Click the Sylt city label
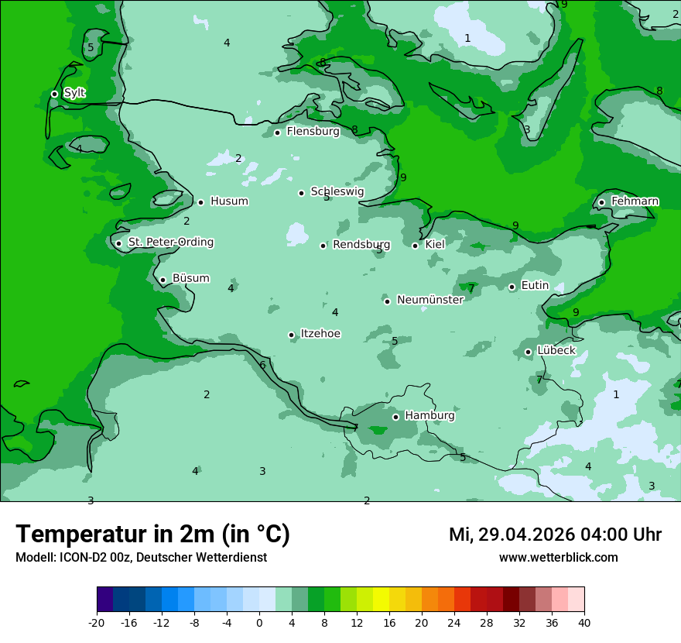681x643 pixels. [x=74, y=93]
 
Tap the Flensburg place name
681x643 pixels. [x=313, y=132]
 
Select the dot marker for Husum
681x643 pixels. [x=200, y=202]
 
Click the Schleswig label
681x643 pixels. [x=337, y=192]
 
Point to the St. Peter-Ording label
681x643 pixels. [x=170, y=242]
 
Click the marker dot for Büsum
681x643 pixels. [x=163, y=280]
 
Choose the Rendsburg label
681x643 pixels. [x=361, y=245]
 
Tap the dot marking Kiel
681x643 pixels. [x=415, y=246]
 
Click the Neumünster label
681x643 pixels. [x=430, y=301]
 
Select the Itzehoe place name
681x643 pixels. [x=320, y=334]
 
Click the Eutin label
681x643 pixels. [x=535, y=286]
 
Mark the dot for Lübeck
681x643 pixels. [x=528, y=352]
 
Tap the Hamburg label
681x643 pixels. [x=429, y=416]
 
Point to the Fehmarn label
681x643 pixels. [x=635, y=201]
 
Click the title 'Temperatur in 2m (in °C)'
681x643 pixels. [x=152, y=535]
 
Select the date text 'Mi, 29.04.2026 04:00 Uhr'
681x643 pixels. [x=555, y=535]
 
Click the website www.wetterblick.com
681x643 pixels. [x=558, y=557]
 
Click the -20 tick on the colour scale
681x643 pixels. [x=97, y=622]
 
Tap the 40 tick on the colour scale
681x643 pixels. [x=584, y=622]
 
